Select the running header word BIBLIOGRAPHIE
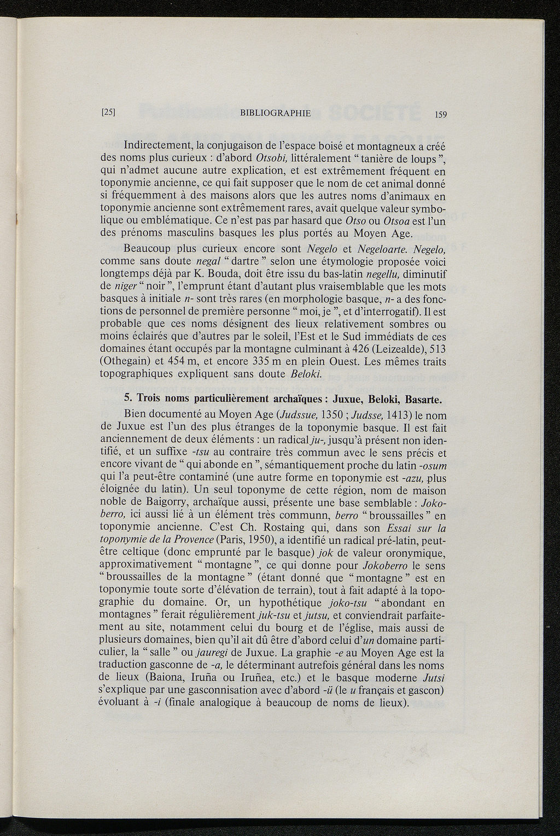[x=275, y=113]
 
